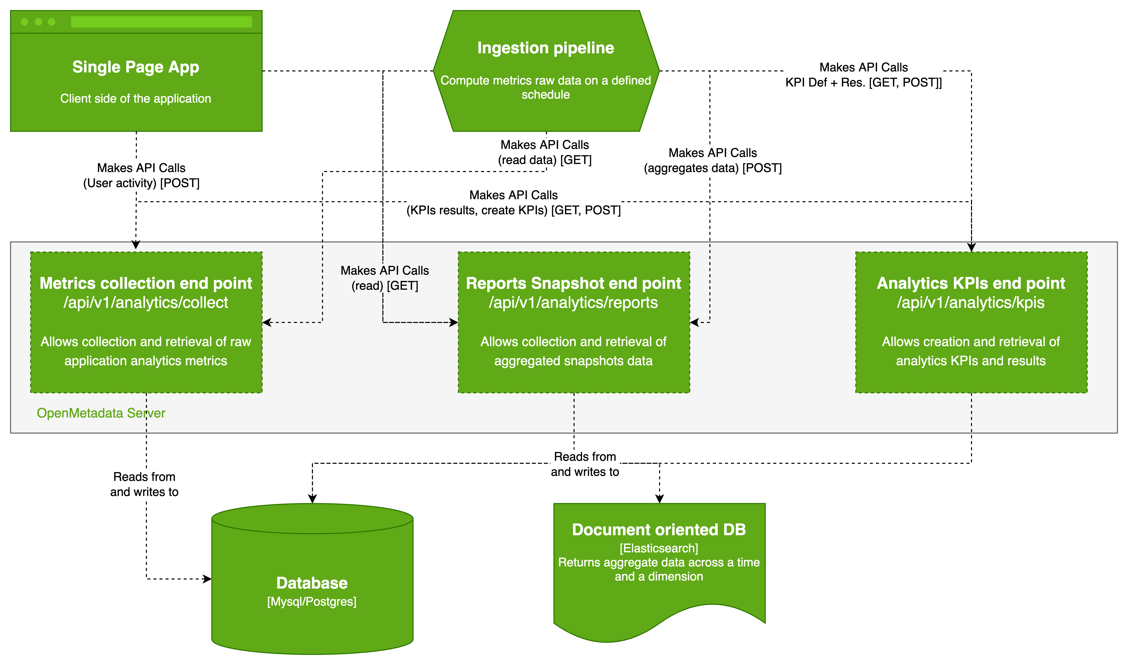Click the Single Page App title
point(136,67)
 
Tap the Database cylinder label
point(312,583)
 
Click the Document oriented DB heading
point(659,530)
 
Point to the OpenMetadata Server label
point(101,413)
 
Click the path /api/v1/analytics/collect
point(146,303)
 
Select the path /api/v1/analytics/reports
point(573,303)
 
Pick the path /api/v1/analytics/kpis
point(971,303)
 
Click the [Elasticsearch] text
point(659,548)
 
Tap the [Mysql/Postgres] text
point(312,601)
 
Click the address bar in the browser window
point(161,22)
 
